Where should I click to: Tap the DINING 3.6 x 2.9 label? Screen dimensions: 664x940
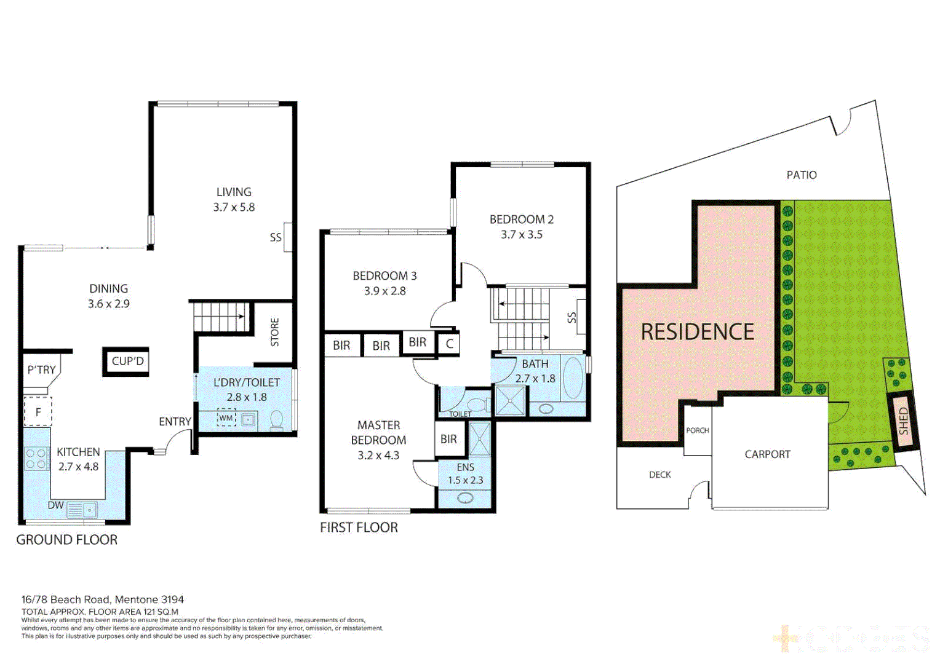109,296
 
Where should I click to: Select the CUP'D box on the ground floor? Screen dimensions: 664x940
127,362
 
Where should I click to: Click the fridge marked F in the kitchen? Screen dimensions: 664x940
38,412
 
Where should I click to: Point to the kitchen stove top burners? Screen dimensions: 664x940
36,459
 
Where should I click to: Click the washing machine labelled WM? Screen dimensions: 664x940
226,418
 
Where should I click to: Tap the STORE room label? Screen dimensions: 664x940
275,332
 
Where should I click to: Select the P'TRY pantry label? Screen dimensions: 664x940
41,370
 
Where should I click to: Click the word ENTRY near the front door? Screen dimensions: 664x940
175,422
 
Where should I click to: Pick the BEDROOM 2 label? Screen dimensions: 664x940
522,226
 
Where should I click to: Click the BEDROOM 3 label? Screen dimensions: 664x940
384,283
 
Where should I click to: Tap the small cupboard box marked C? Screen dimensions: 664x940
450,344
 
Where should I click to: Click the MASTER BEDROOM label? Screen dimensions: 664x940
378,440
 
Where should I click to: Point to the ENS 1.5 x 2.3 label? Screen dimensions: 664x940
465,474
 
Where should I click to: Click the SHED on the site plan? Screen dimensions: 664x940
903,421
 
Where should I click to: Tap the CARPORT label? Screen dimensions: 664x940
767,454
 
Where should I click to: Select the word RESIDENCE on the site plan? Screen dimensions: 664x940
697,332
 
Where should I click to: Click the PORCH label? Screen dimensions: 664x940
698,430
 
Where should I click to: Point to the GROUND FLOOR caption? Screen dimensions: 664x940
66,540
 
